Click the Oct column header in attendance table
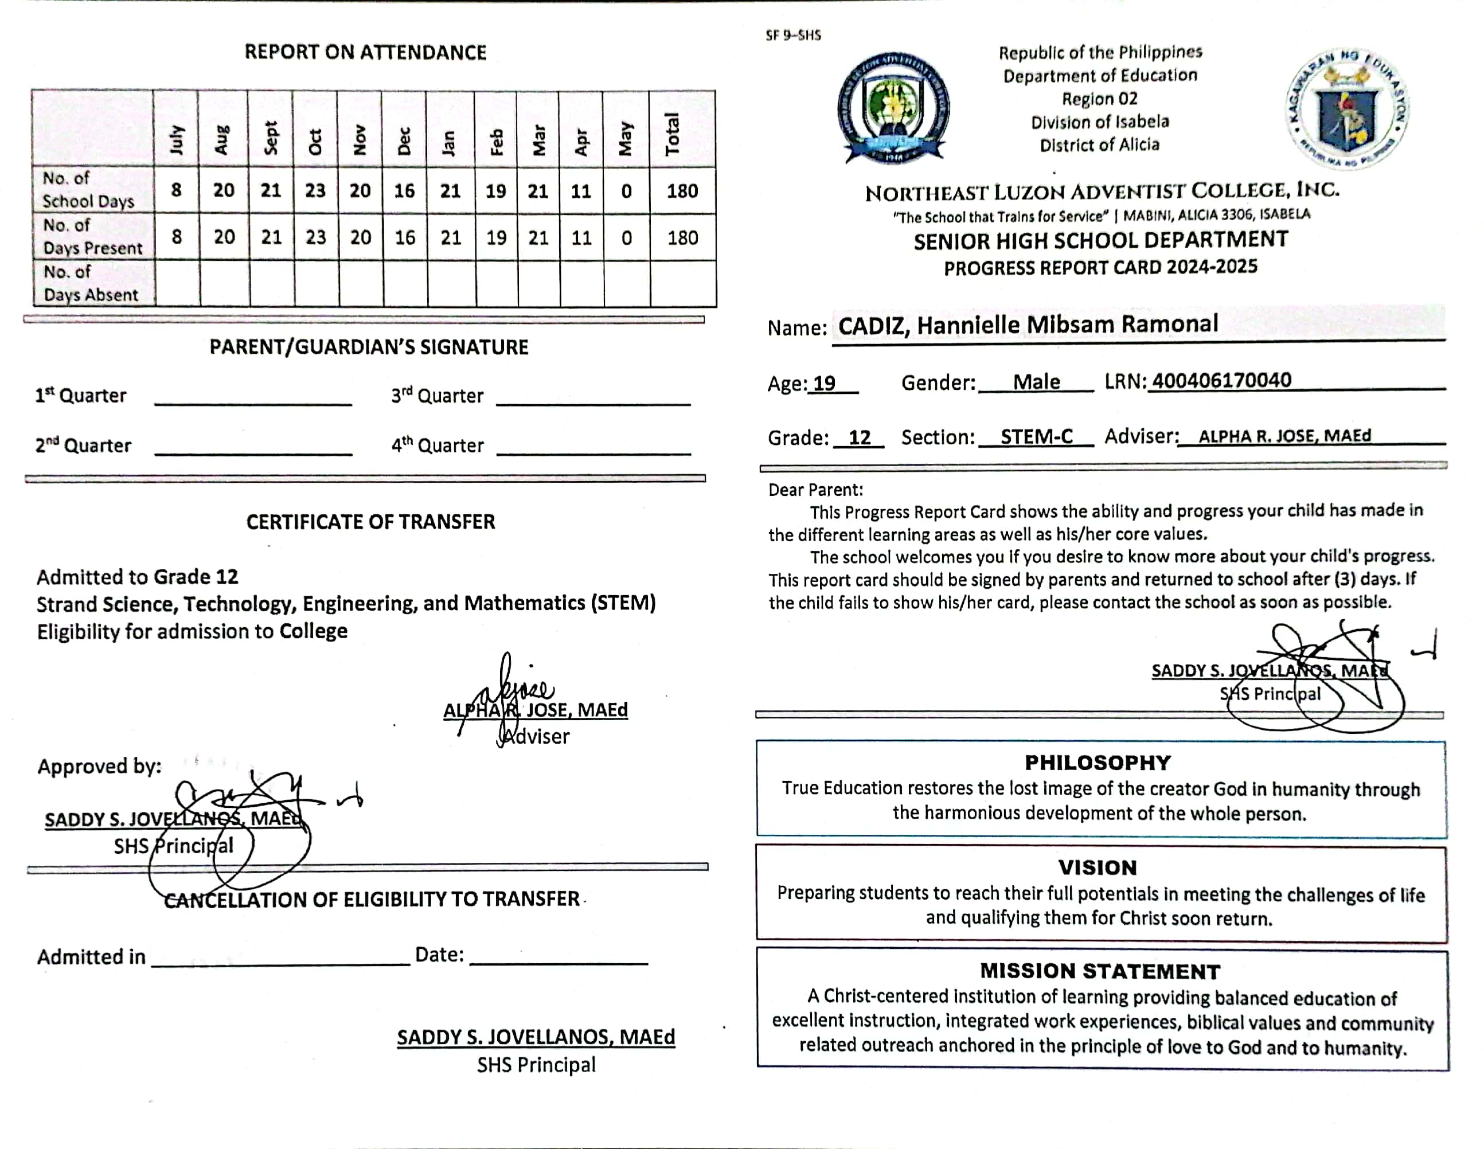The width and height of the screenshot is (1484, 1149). (315, 142)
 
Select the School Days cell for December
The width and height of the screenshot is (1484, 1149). (404, 191)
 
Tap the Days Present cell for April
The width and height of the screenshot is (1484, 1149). (581, 238)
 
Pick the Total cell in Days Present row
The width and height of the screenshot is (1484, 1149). (682, 238)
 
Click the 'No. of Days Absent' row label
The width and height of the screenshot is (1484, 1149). (91, 283)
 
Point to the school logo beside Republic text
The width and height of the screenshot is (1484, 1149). (893, 107)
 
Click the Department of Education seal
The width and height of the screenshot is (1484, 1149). (1347, 109)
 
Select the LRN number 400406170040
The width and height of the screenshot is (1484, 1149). (1221, 381)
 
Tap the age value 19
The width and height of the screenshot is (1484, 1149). (824, 383)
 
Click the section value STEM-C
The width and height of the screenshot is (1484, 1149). (1036, 436)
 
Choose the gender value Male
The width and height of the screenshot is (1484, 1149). (1036, 382)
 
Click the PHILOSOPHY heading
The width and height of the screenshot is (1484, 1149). (1098, 763)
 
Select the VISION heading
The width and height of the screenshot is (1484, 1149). (1098, 867)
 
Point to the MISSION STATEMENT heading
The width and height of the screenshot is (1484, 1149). (1099, 971)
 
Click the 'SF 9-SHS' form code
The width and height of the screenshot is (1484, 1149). (793, 36)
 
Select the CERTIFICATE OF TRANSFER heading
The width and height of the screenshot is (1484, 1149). (370, 522)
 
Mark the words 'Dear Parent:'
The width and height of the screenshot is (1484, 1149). (815, 490)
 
